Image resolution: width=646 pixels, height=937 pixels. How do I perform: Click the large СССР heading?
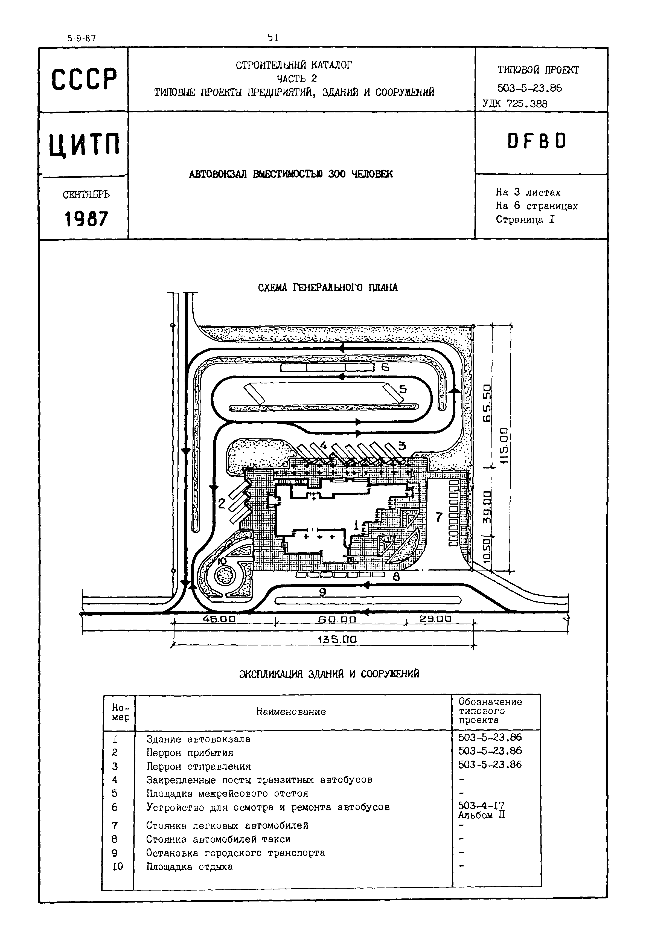point(84,79)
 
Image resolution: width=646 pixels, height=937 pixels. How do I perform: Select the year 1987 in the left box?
point(86,219)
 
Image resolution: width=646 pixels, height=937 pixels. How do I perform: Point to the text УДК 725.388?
point(515,104)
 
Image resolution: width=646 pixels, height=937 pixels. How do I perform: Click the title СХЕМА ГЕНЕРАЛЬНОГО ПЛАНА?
point(328,288)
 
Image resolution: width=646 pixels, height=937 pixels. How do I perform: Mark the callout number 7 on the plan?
point(439,517)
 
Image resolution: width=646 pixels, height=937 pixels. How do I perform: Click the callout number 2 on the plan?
point(222,504)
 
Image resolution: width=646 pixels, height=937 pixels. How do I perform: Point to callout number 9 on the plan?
point(323,592)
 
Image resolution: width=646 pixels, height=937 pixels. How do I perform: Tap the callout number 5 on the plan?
point(403,389)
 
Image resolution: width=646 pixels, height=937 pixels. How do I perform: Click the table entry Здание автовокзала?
point(198,739)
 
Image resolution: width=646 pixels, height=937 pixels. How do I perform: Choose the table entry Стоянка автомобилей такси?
point(218,839)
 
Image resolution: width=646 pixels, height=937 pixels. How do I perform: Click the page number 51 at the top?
point(273,38)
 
